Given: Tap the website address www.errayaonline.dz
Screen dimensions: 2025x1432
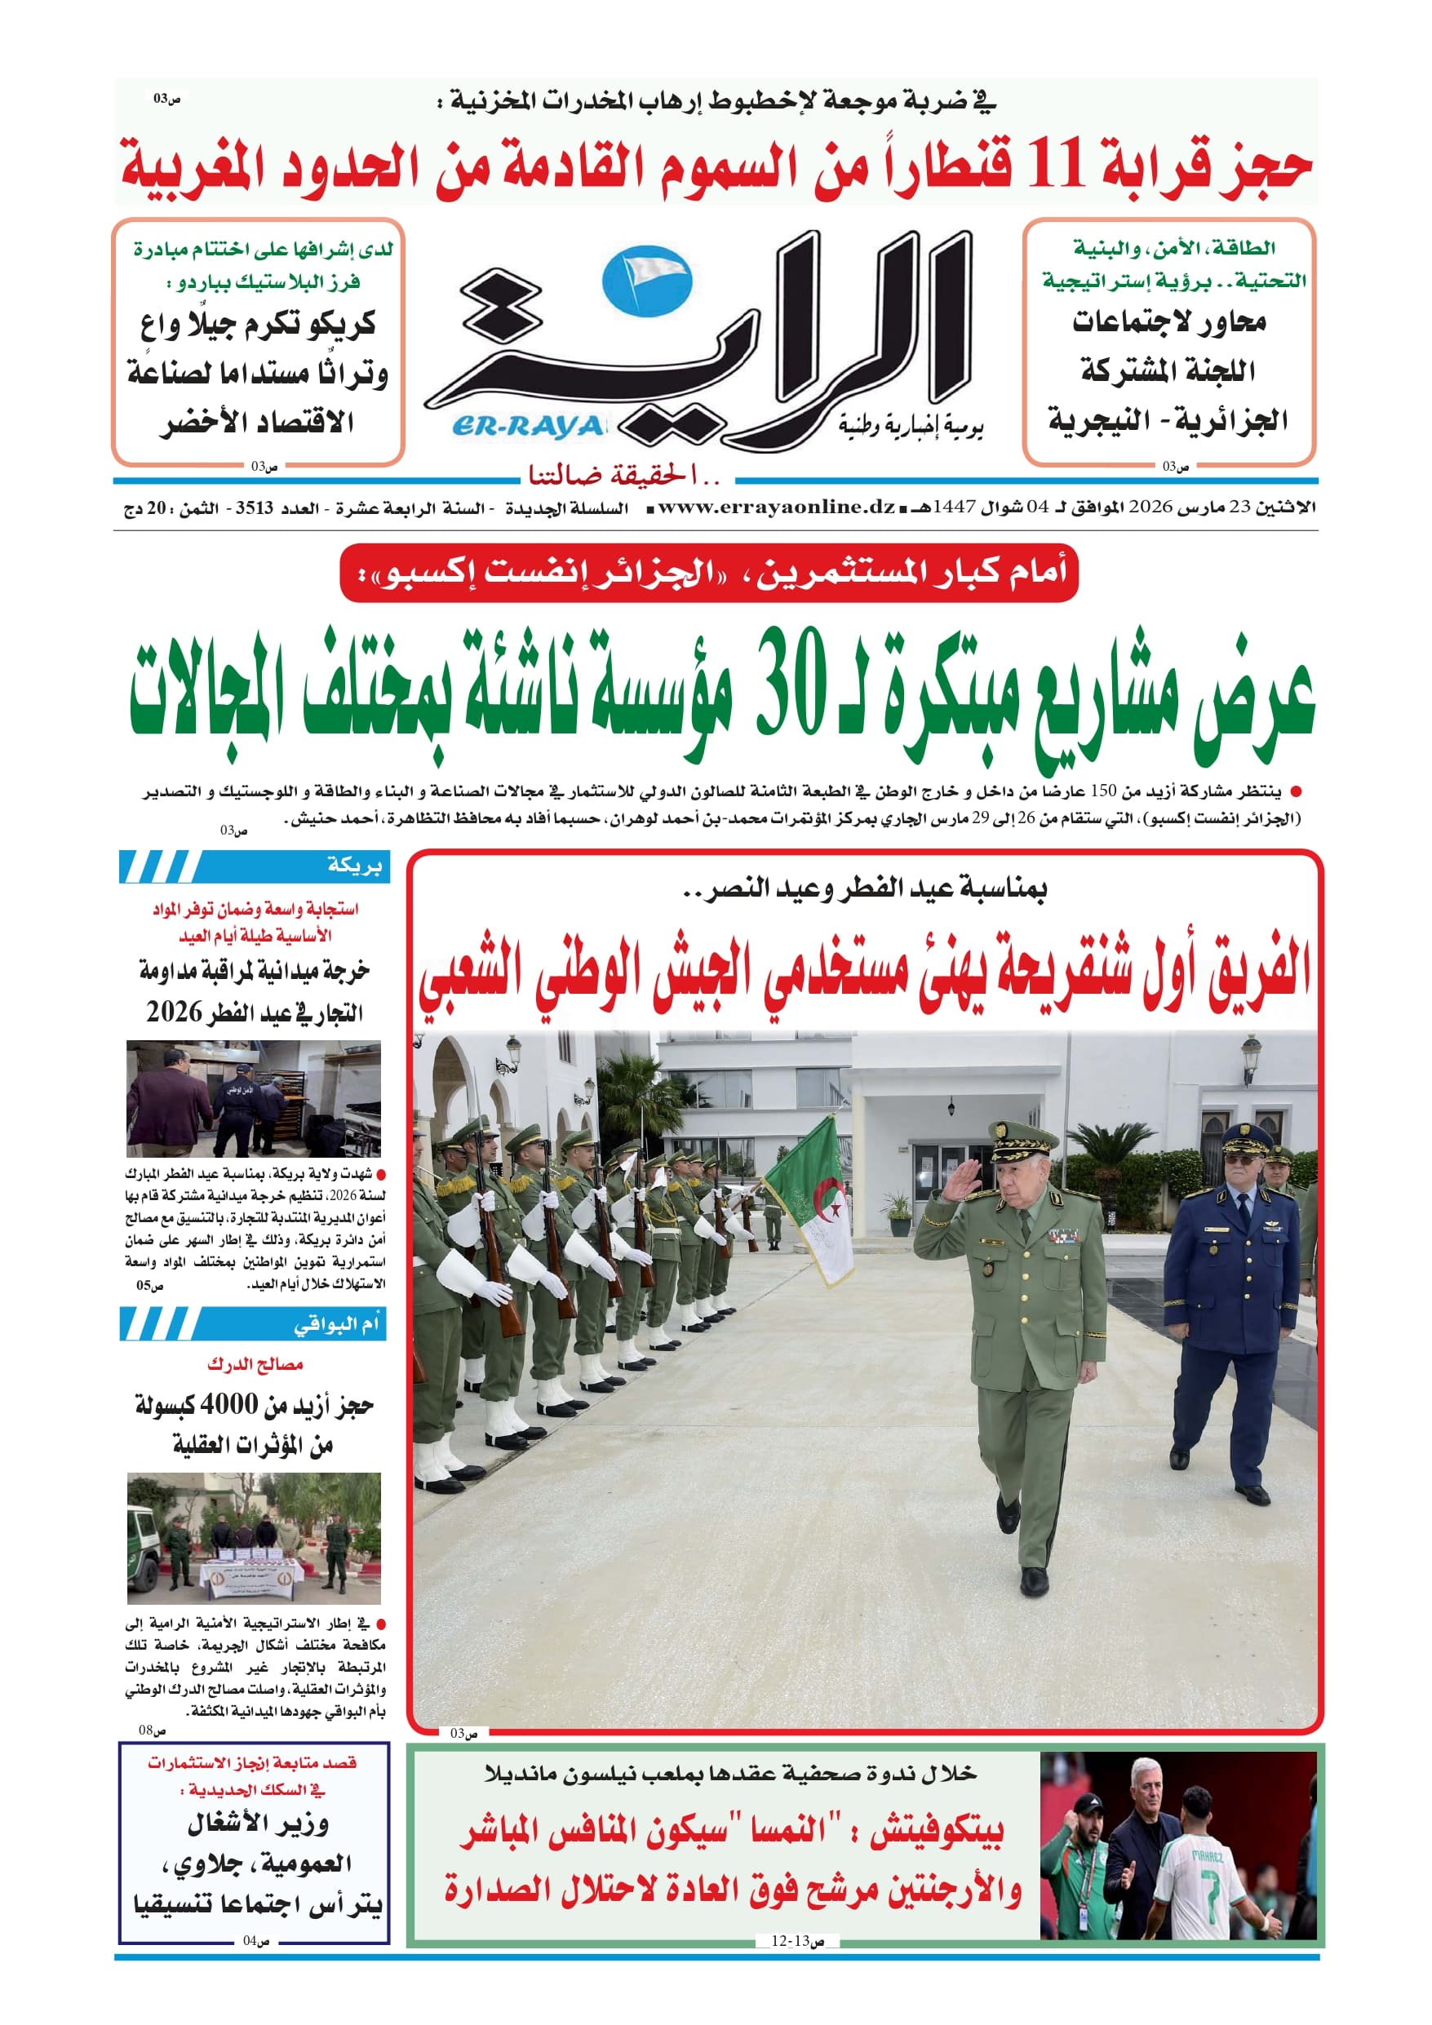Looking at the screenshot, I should coord(777,507).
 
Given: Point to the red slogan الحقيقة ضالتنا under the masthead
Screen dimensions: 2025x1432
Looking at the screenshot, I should coord(625,476).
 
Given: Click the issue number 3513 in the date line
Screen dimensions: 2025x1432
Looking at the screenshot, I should coord(254,508).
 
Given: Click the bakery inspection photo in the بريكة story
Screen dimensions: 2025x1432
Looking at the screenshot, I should coord(253,1098).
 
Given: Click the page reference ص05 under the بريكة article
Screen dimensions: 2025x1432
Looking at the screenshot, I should coord(150,1286).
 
